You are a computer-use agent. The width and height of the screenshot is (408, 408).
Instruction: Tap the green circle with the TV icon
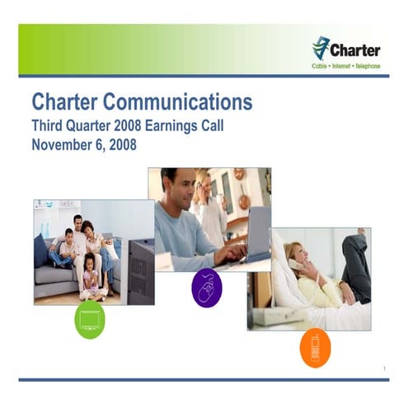click(90, 320)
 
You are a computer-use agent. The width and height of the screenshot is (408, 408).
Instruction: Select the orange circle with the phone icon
click(315, 347)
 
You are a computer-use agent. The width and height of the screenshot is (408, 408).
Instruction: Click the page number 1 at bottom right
click(385, 367)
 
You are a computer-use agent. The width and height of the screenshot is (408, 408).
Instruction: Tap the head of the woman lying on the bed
click(294, 251)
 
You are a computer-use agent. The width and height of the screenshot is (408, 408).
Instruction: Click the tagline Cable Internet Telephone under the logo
click(345, 66)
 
